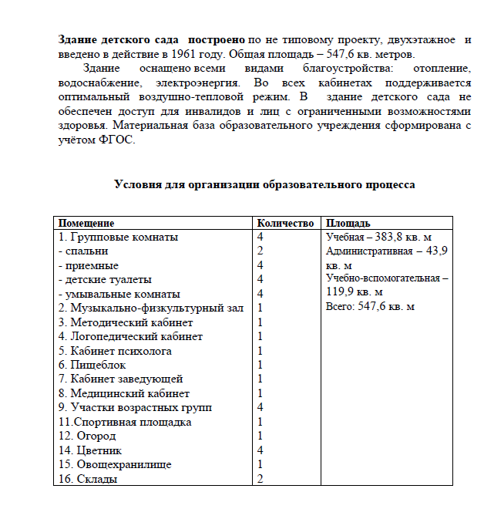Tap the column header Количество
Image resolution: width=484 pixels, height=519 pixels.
(x=284, y=223)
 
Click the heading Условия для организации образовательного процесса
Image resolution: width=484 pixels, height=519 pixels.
(x=264, y=185)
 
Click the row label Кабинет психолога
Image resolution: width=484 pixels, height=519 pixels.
(x=121, y=351)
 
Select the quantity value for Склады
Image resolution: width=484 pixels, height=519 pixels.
(x=260, y=479)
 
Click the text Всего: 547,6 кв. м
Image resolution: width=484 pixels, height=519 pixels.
(x=370, y=306)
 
